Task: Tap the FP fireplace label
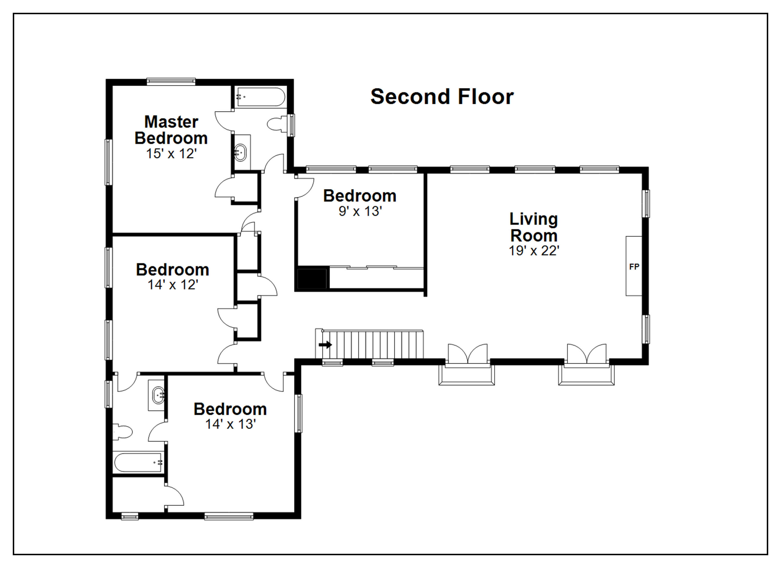pos(634,267)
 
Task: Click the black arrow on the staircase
pos(325,345)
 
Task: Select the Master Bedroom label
pos(171,130)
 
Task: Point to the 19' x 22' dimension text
pos(534,251)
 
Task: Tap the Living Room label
pos(534,227)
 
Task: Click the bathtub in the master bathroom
pos(261,97)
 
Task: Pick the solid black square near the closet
pos(312,278)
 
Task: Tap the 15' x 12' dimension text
pos(171,154)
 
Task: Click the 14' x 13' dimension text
pos(230,424)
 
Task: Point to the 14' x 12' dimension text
pos(173,285)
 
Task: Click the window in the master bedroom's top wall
pos(171,82)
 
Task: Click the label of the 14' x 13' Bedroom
pos(230,409)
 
